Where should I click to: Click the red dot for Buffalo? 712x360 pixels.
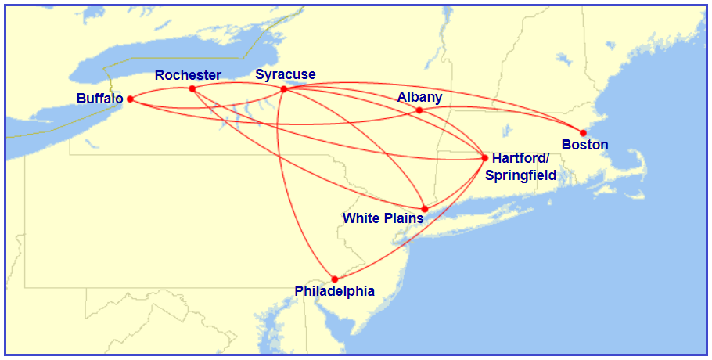pos(130,99)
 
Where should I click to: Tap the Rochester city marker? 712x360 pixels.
pos(192,88)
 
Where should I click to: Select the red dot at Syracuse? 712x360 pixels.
pos(284,89)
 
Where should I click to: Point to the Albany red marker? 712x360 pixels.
pos(419,110)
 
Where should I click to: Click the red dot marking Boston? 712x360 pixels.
pos(583,132)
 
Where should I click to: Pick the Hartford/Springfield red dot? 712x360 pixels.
pos(485,158)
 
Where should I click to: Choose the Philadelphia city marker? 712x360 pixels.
pos(335,279)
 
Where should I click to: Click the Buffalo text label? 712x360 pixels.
pos(99,99)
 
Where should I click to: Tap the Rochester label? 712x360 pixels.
pos(188,75)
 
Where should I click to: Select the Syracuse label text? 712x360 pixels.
pos(286,75)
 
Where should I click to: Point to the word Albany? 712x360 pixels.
pos(419,97)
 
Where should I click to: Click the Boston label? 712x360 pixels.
pos(584,145)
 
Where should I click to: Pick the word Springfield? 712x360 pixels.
pos(520,175)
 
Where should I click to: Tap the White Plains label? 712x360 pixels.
pos(383,218)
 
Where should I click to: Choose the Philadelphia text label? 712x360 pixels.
pos(334,291)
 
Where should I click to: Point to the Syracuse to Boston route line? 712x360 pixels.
pos(438,88)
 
